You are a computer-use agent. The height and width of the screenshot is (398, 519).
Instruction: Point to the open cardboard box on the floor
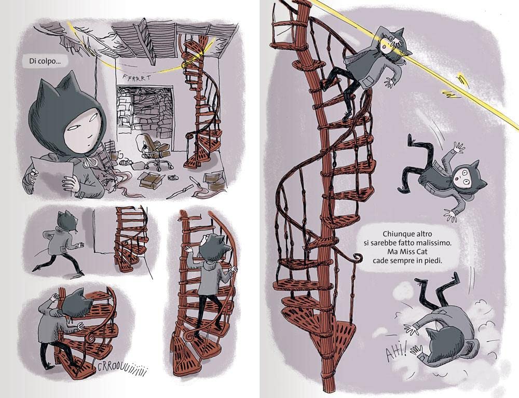[x=152, y=179]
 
